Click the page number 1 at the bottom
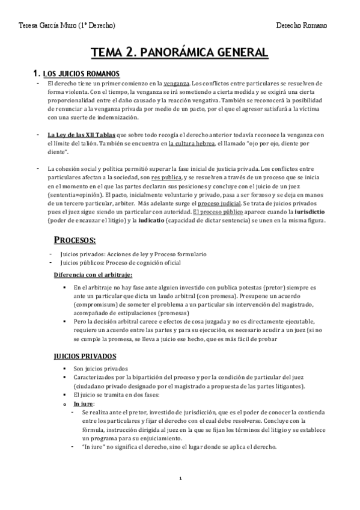pos(180,479)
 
